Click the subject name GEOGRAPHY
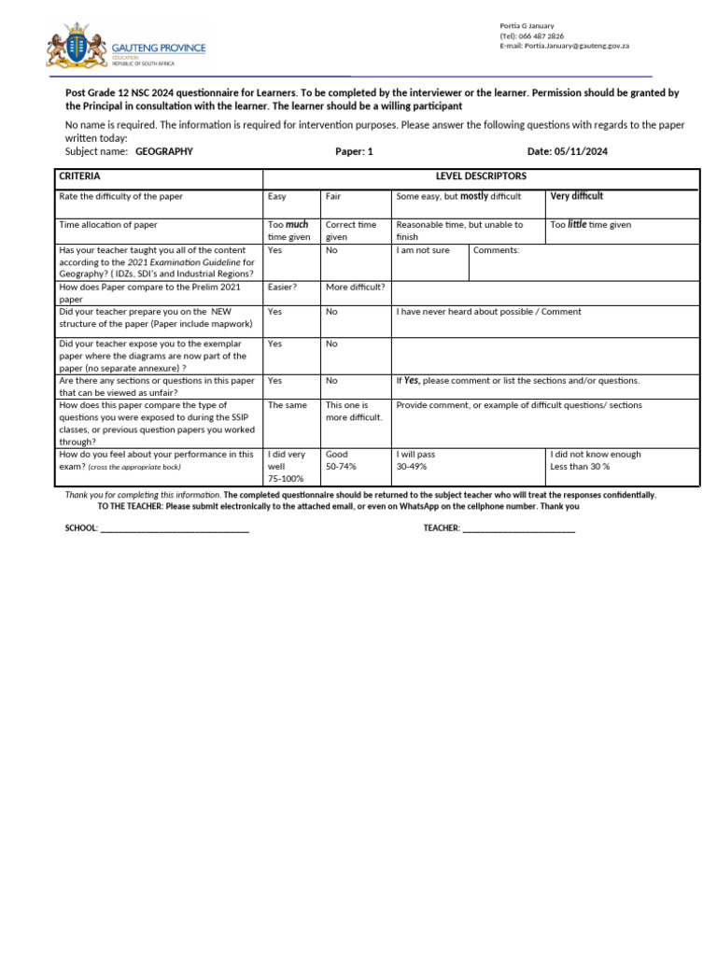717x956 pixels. pos(164,151)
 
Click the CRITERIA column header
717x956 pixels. pos(80,176)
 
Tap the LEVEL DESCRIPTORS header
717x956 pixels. pos(481,176)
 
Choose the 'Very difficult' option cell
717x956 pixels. pos(576,196)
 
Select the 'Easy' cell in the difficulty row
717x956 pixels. pos(277,197)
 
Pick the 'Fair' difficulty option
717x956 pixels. pos(333,197)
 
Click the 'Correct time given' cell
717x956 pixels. pos(351,231)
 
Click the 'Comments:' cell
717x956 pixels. pos(497,251)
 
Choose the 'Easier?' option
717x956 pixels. pos(283,288)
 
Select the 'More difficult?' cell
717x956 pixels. pos(355,288)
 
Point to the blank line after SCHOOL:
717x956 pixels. pos(174,528)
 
